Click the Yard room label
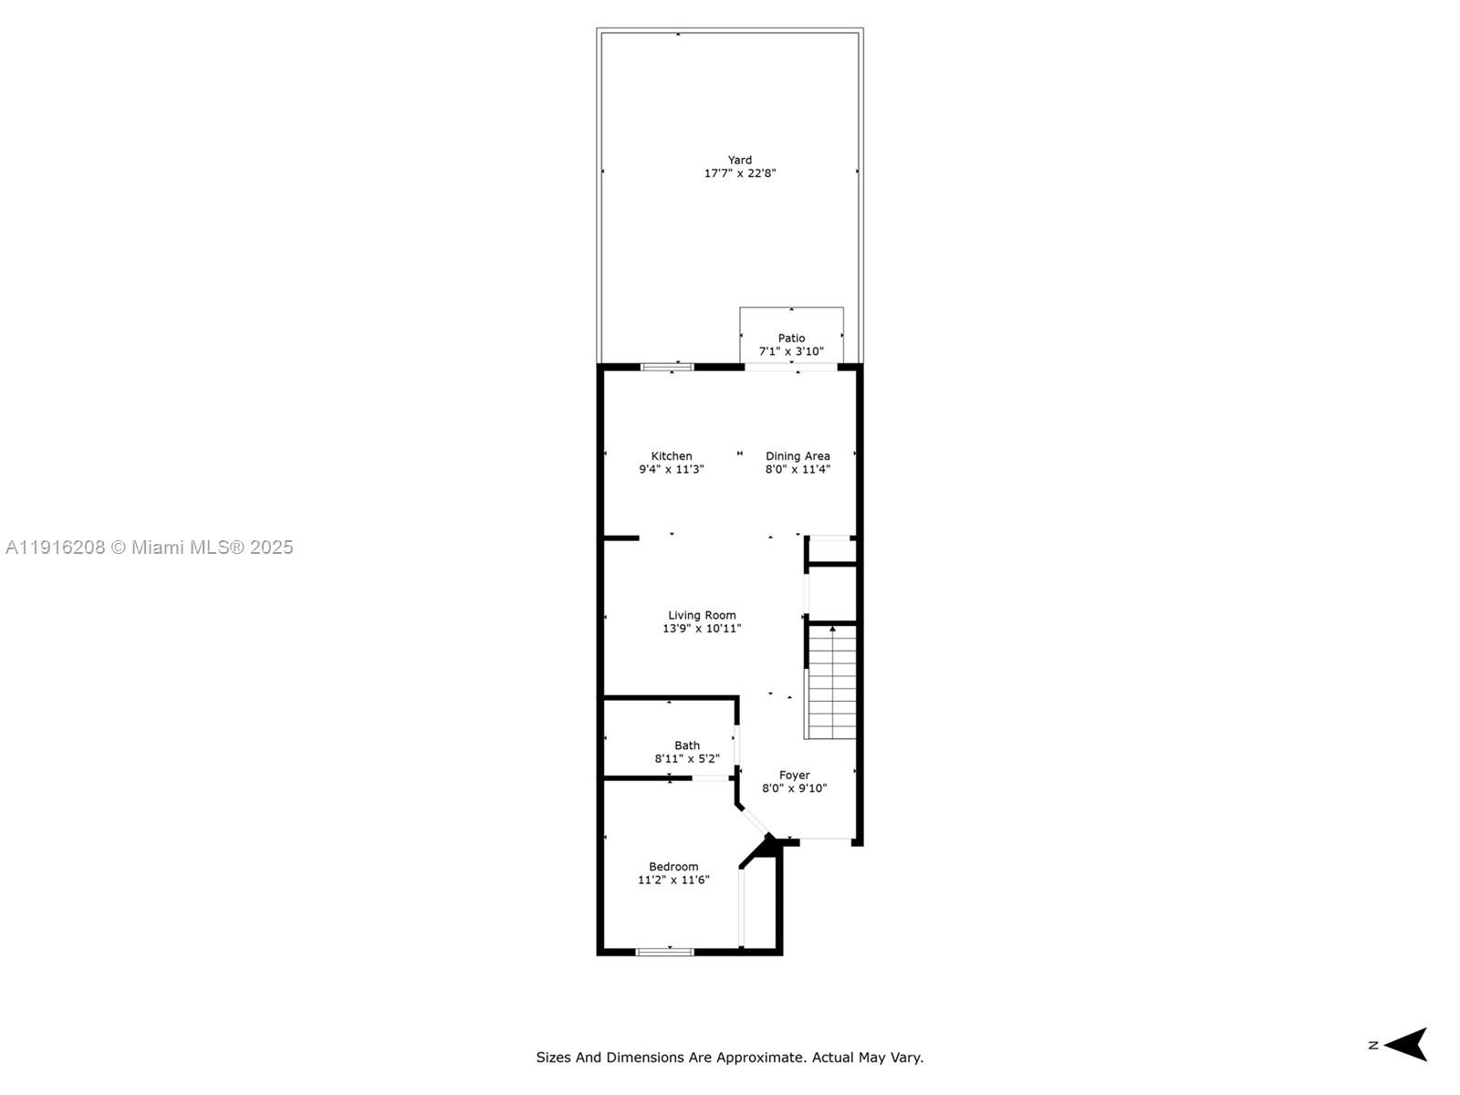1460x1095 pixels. [x=739, y=161]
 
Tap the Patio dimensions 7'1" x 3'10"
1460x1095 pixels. [x=791, y=351]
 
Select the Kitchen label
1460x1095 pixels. [x=672, y=456]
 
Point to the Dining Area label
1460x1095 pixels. [x=798, y=456]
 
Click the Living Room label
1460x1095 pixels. [x=702, y=615]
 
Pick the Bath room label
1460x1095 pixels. [x=687, y=746]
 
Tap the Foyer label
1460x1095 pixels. [x=794, y=775]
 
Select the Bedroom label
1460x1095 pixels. [x=673, y=867]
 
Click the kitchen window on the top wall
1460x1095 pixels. [x=667, y=367]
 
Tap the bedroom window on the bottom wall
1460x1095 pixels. [x=664, y=952]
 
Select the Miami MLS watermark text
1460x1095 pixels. [x=150, y=547]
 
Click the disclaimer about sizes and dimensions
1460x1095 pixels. [x=729, y=1058]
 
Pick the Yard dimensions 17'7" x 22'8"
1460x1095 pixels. [x=739, y=173]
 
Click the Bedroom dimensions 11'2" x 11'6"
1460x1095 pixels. [x=673, y=880]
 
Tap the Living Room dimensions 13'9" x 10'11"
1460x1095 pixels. [x=702, y=628]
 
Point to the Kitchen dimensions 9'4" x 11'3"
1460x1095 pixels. [x=672, y=469]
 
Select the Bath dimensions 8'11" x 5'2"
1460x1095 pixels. [x=687, y=758]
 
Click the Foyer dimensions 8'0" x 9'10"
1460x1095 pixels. [x=794, y=788]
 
